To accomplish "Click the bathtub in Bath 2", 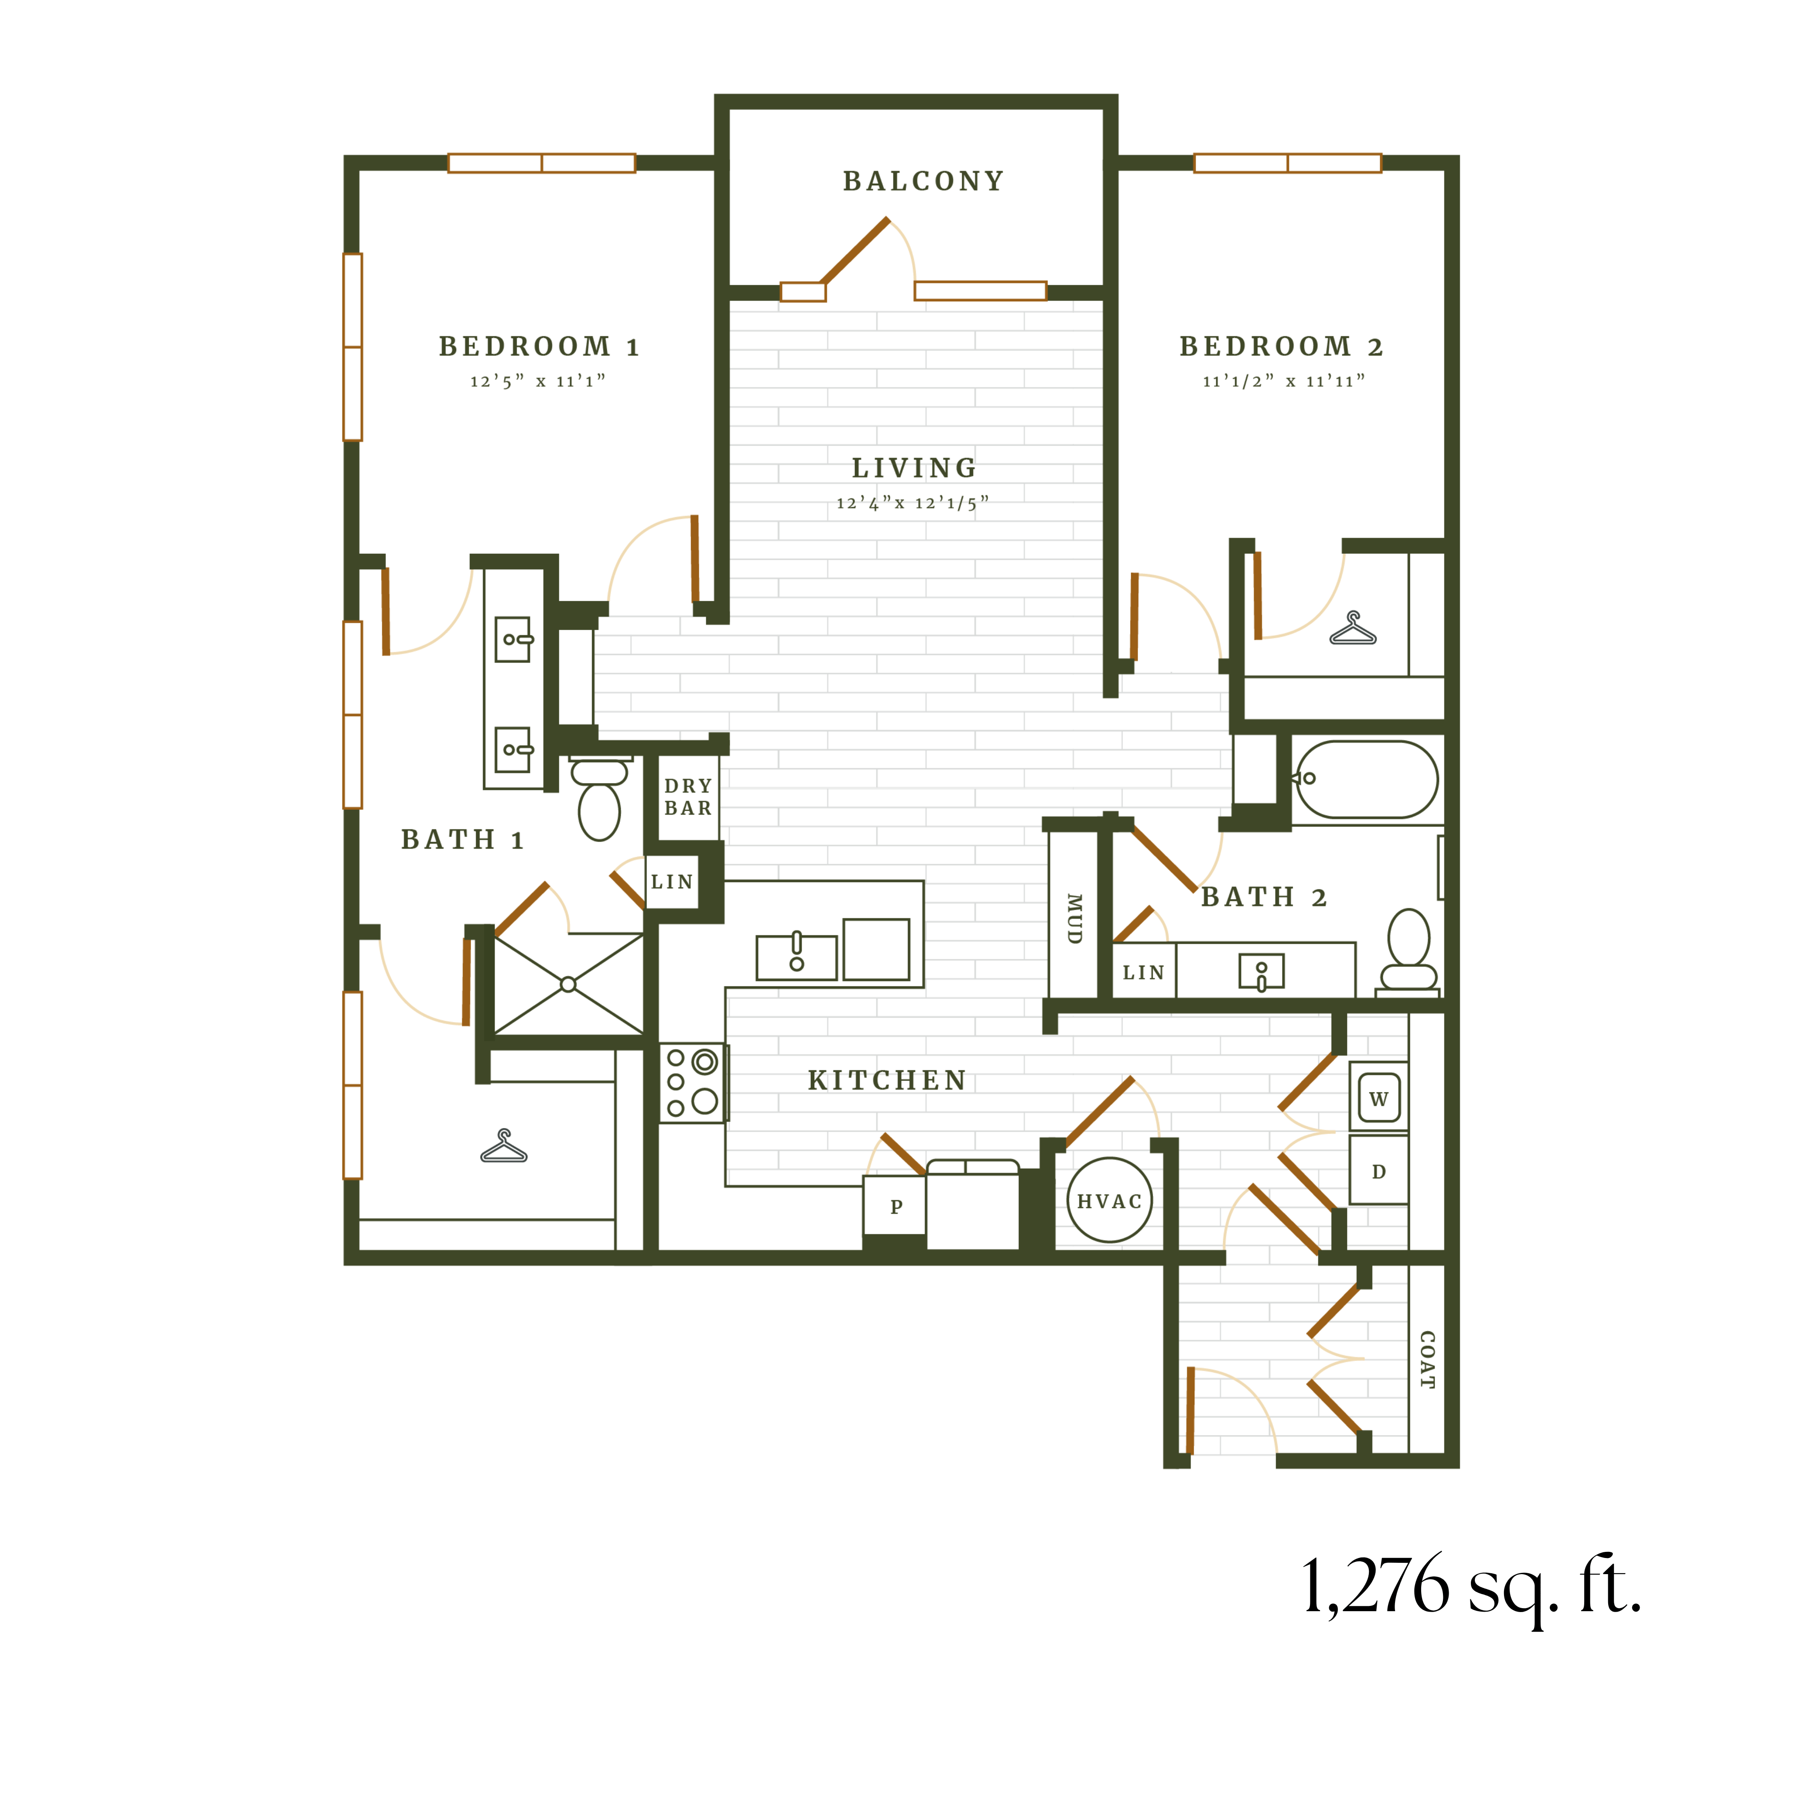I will point(1365,779).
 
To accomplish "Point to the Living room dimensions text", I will point(912,503).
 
